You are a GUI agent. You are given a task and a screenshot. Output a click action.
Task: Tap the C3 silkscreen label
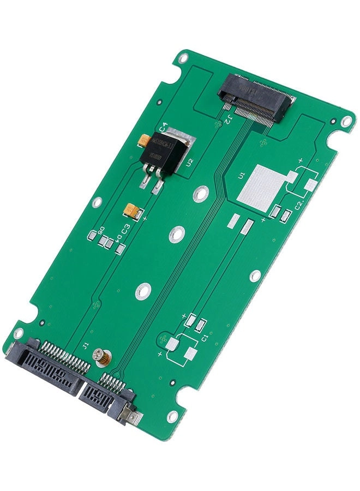pos(125,229)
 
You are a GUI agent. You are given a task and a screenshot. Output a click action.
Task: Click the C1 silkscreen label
pos(205,339)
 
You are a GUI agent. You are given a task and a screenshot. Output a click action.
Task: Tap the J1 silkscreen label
pos(85,345)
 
